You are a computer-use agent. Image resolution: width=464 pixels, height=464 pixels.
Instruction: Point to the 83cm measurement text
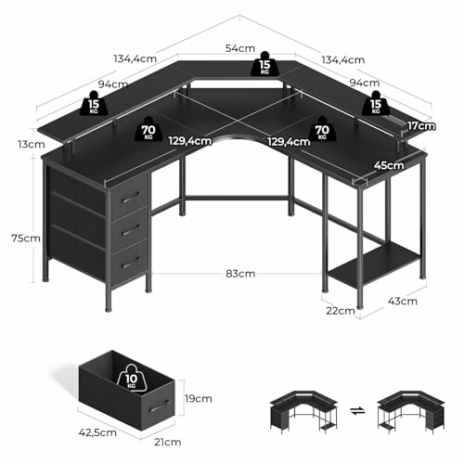coord(238,274)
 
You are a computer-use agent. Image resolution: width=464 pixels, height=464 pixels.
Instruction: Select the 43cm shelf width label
coord(403,301)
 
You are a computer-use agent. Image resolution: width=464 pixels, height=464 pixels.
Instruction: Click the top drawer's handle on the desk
coord(132,196)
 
